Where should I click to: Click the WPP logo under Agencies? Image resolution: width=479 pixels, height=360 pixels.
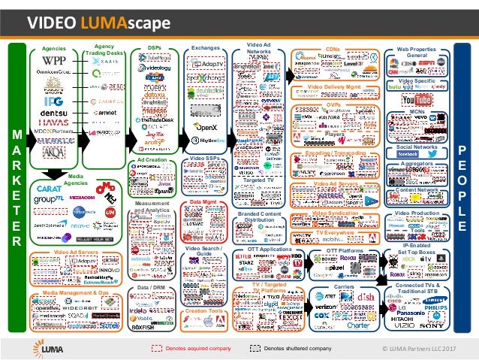pyautogui.click(x=54, y=60)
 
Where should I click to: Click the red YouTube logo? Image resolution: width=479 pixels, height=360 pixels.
pyautogui.click(x=417, y=100)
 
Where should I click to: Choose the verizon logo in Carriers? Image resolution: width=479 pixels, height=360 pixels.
pyautogui.click(x=324, y=308)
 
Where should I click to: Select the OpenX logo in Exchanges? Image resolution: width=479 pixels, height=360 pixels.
pyautogui.click(x=205, y=127)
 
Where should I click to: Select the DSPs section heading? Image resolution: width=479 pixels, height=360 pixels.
pyautogui.click(x=154, y=47)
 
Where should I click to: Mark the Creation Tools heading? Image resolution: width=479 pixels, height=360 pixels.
pyautogui.click(x=204, y=310)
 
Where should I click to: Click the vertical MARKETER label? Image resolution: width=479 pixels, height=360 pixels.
pyautogui.click(x=17, y=188)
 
